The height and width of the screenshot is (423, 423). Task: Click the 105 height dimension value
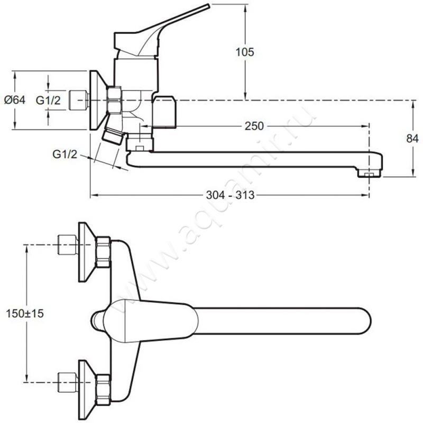click(246, 52)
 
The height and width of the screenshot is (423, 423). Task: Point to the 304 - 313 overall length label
click(230, 195)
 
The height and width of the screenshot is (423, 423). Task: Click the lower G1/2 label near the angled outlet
click(65, 154)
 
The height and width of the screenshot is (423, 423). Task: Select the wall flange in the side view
click(97, 100)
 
